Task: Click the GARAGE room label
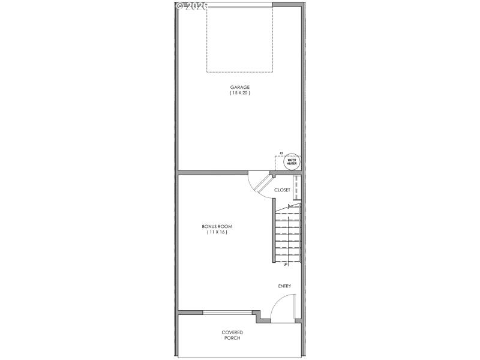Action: [239, 87]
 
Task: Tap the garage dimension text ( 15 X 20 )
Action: [239, 93]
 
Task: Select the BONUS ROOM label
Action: [217, 226]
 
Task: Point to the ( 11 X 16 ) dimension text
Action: [217, 232]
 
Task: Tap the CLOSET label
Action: [282, 190]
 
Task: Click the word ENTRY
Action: [284, 286]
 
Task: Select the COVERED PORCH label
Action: [232, 335]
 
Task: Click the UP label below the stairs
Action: [285, 264]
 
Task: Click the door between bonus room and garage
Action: [259, 184]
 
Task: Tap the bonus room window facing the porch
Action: [227, 312]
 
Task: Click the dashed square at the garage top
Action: [239, 39]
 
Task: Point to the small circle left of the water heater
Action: [281, 152]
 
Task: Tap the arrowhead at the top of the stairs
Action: [290, 206]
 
